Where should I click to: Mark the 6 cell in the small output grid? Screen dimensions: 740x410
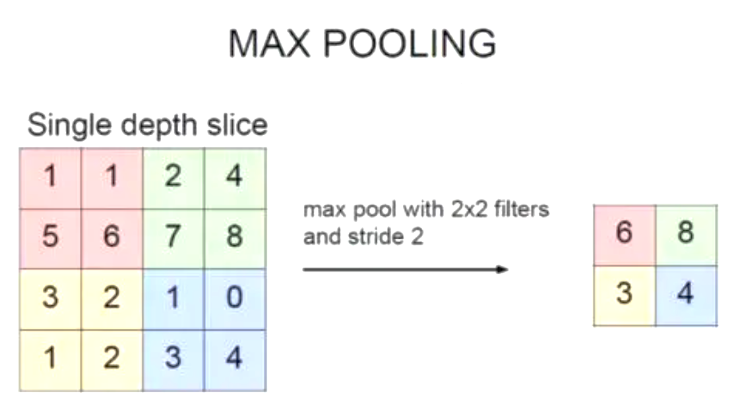tap(624, 235)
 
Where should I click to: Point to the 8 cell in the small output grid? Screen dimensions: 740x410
tap(686, 235)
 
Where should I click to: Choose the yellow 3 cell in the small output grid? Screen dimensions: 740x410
tap(624, 295)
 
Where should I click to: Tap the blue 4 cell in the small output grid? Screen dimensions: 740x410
tap(686, 295)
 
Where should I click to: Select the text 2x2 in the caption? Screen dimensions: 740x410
tap(469, 210)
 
